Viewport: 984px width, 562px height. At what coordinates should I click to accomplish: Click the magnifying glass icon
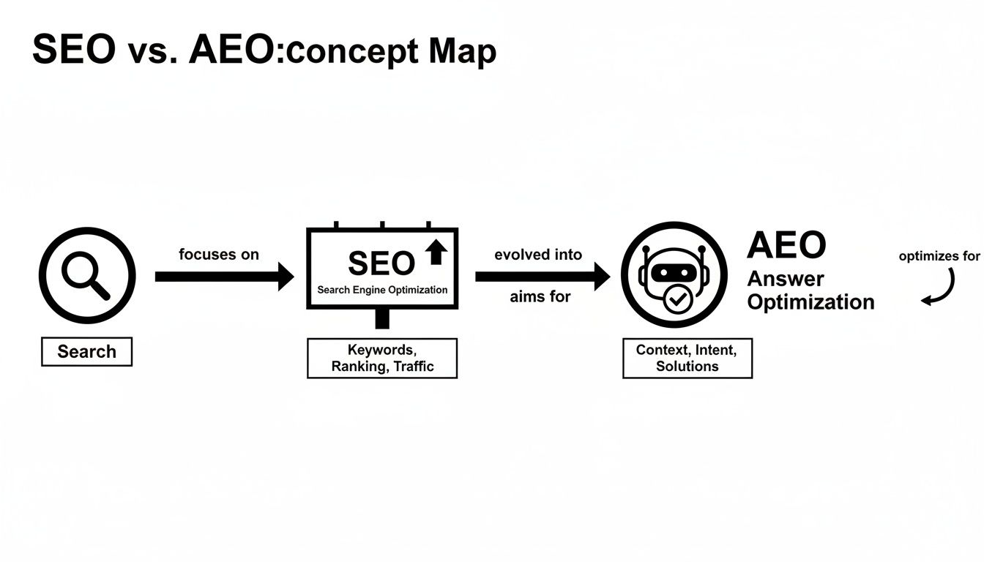pyautogui.click(x=86, y=276)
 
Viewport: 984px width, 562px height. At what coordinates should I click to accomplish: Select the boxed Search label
pyautogui.click(x=86, y=351)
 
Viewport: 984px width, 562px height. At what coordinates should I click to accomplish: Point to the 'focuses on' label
pyautogui.click(x=218, y=255)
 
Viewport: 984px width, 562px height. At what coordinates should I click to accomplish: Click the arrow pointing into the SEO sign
pyautogui.click(x=224, y=277)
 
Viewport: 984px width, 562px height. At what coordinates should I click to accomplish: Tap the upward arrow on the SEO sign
pyautogui.click(x=436, y=252)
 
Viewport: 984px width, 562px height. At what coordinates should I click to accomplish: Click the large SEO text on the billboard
pyautogui.click(x=381, y=263)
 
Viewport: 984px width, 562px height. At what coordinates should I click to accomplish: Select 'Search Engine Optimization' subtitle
pyautogui.click(x=382, y=290)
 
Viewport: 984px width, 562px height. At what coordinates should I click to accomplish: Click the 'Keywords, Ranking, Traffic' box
pyautogui.click(x=382, y=358)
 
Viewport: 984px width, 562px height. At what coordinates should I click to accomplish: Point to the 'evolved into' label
pyautogui.click(x=538, y=255)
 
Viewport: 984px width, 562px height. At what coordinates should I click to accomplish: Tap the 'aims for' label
pyautogui.click(x=540, y=297)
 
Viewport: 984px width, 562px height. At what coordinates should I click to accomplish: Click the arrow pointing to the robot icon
pyautogui.click(x=542, y=277)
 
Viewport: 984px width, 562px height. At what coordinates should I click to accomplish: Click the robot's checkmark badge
pyautogui.click(x=674, y=300)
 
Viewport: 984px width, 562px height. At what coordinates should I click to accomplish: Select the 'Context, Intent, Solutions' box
pyautogui.click(x=687, y=358)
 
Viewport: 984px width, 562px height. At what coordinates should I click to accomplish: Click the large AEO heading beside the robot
pyautogui.click(x=786, y=246)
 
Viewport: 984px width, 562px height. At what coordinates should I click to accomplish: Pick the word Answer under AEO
pyautogui.click(x=786, y=279)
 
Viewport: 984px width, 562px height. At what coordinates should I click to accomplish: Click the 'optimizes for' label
pyautogui.click(x=939, y=256)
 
